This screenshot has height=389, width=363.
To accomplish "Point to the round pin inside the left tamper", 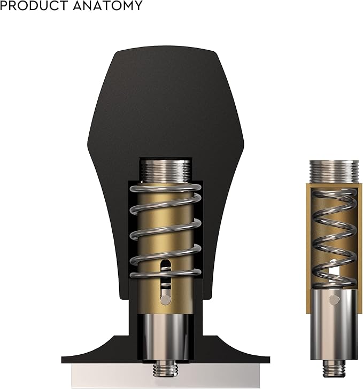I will (x=166, y=300).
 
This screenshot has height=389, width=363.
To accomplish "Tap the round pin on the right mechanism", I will (x=334, y=300).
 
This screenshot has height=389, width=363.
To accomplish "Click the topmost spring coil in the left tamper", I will (x=166, y=188).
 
